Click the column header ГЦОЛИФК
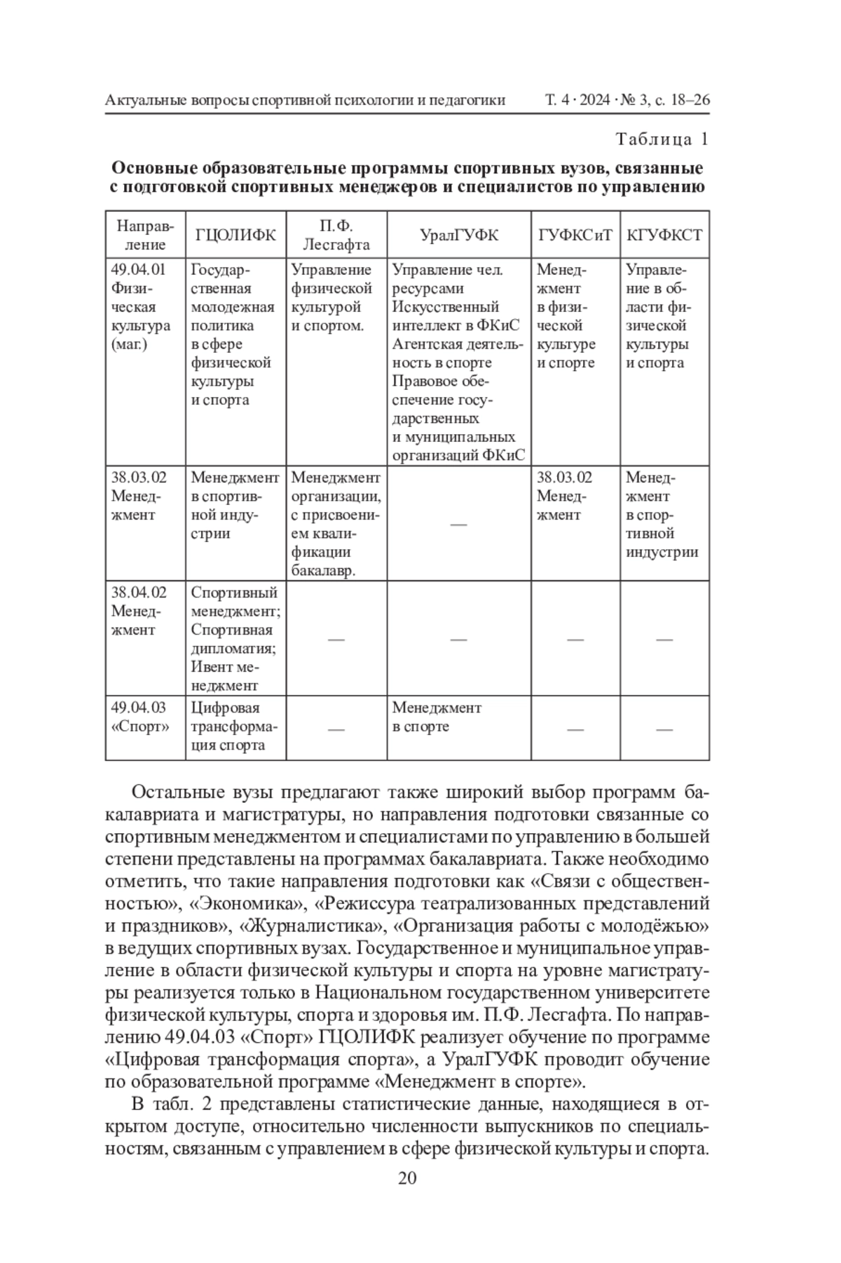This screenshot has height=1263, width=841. (235, 235)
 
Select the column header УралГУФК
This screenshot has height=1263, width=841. (459, 235)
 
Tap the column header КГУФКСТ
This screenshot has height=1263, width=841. (664, 235)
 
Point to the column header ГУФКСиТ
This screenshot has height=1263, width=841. (575, 235)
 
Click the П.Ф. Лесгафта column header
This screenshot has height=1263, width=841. (336, 235)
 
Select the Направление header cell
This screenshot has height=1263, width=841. (145, 235)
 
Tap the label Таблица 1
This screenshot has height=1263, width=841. (662, 140)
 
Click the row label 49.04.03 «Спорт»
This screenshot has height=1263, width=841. (139, 717)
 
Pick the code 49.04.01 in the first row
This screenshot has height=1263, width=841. (139, 270)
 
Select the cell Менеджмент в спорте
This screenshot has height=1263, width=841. (436, 717)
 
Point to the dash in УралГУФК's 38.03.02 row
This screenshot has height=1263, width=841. (458, 524)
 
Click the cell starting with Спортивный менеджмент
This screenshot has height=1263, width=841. (235, 639)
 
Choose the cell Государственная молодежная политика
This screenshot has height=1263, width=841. (232, 335)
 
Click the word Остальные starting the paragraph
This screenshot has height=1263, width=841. (182, 793)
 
